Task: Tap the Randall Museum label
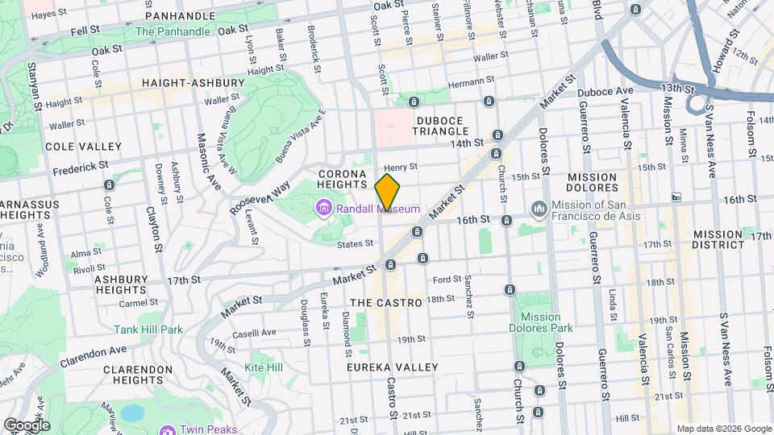pyautogui.click(x=379, y=209)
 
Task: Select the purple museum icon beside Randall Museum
pyautogui.click(x=324, y=209)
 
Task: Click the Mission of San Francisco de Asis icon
pyautogui.click(x=539, y=209)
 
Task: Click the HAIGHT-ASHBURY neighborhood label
pyautogui.click(x=193, y=83)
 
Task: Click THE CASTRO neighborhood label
pyautogui.click(x=387, y=303)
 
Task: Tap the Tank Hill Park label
pyautogui.click(x=148, y=329)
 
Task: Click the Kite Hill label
pyautogui.click(x=264, y=367)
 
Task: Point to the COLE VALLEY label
pyautogui.click(x=84, y=147)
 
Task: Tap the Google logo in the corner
pyautogui.click(x=27, y=425)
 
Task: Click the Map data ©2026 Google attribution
pyautogui.click(x=723, y=429)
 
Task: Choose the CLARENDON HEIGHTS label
pyautogui.click(x=138, y=375)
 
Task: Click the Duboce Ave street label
pyautogui.click(x=606, y=91)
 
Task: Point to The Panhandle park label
pyautogui.click(x=173, y=32)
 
